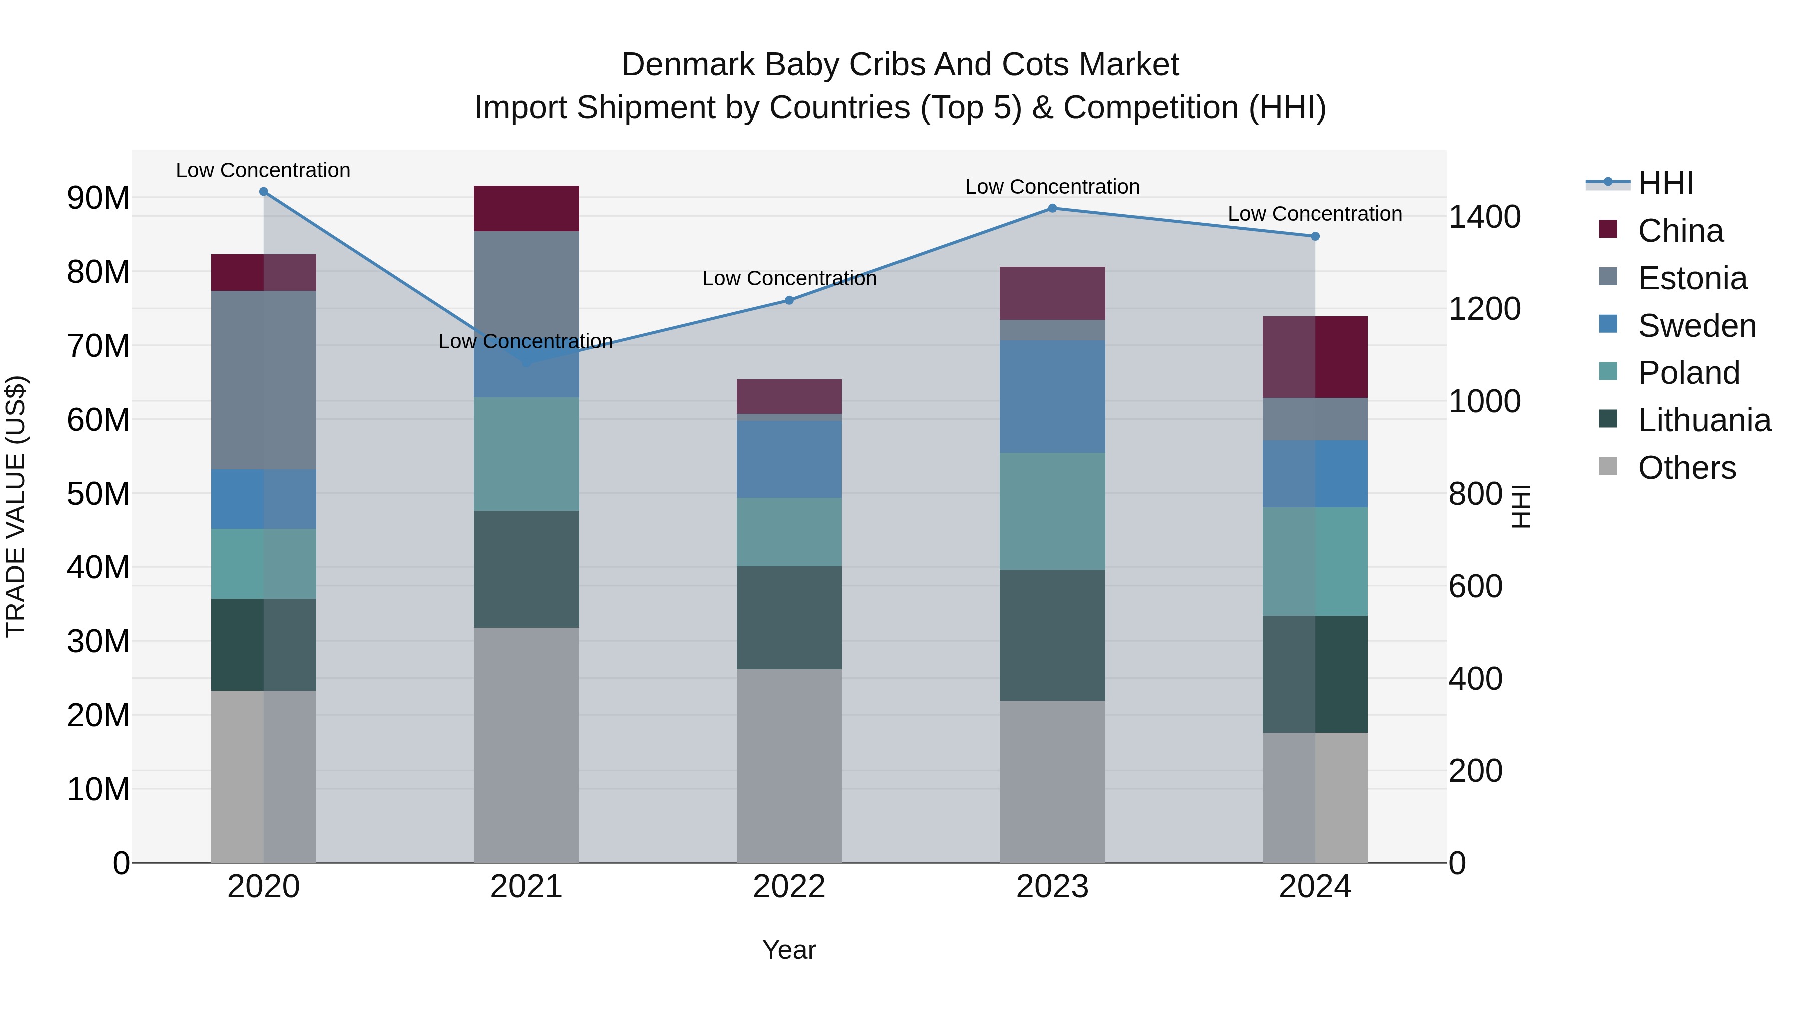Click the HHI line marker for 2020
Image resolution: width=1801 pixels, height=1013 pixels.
[x=264, y=192]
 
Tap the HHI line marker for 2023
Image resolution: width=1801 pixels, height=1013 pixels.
[x=1052, y=208]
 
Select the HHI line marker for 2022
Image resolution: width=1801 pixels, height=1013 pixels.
[x=789, y=301]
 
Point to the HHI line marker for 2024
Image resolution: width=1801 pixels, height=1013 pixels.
[x=1315, y=236]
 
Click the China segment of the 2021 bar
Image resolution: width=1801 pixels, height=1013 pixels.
[x=526, y=208]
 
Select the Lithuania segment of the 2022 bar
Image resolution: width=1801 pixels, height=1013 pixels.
[x=789, y=618]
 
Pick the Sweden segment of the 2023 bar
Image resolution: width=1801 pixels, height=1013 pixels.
[x=1052, y=396]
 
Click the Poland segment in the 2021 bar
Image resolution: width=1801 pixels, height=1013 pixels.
[x=526, y=454]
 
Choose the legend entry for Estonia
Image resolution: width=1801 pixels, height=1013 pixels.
[x=1692, y=278]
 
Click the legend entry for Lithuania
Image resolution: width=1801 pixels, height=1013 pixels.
[x=1704, y=420]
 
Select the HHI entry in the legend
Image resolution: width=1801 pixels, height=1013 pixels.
[x=1665, y=183]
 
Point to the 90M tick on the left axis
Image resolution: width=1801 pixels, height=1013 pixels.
[x=98, y=198]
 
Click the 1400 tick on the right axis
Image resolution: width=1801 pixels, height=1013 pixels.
[x=1484, y=216]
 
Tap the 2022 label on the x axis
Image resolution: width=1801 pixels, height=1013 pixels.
[x=789, y=887]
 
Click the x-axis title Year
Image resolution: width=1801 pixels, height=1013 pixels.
[x=789, y=950]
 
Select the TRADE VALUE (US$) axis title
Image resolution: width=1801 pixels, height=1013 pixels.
[x=16, y=506]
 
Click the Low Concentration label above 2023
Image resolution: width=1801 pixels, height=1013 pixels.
[x=1052, y=187]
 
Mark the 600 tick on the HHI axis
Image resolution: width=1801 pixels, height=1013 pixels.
[x=1475, y=586]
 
